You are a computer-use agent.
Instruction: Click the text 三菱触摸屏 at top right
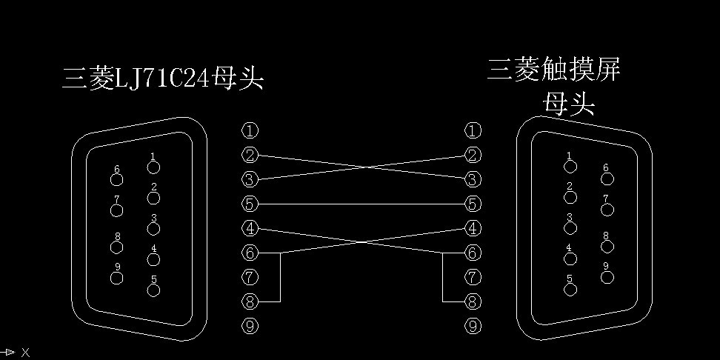(x=553, y=70)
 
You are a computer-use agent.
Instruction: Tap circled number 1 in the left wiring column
(x=250, y=131)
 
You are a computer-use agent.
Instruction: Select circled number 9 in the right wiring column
(x=473, y=326)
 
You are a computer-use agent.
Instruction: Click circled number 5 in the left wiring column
(x=250, y=204)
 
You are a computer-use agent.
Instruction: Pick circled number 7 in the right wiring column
(x=473, y=278)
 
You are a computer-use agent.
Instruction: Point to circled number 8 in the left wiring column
(x=250, y=301)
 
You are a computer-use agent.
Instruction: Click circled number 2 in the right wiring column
(x=473, y=156)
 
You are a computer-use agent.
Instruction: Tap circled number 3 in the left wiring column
(x=250, y=179)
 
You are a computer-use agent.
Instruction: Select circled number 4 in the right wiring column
(x=473, y=228)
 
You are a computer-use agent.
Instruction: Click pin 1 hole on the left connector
(x=153, y=167)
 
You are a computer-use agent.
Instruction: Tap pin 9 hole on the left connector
(x=116, y=278)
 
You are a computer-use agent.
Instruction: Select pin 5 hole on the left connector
(x=153, y=290)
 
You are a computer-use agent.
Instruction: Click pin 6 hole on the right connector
(x=607, y=179)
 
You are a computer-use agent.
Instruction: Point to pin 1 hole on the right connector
(x=570, y=167)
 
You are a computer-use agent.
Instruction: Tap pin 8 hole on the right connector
(x=607, y=246)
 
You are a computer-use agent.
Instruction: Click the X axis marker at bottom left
(x=25, y=353)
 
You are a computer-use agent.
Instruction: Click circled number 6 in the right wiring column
(x=473, y=253)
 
